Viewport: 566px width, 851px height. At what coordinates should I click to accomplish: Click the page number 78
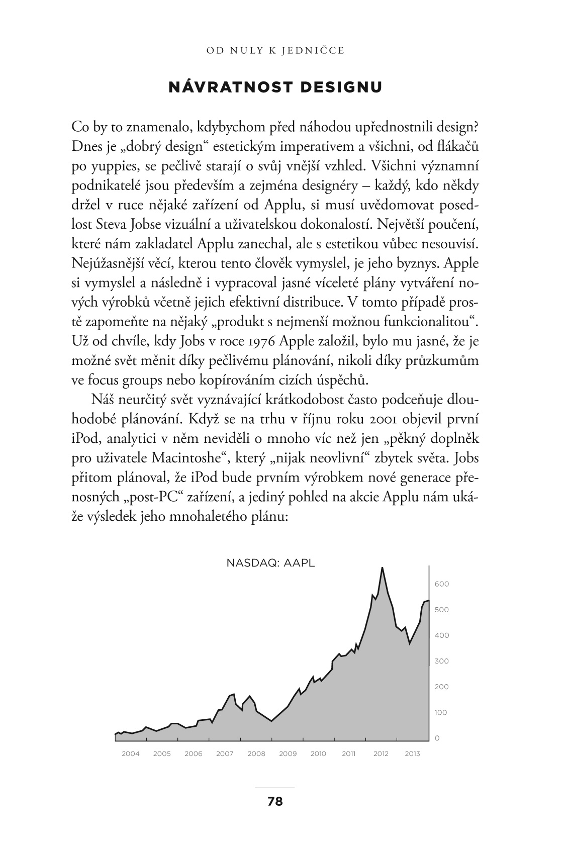click(x=275, y=801)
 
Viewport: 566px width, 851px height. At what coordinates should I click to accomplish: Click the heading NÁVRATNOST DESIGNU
click(x=275, y=87)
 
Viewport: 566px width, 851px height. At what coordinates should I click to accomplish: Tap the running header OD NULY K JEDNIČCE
click(x=275, y=50)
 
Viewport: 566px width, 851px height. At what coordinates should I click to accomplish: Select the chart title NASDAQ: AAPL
click(x=270, y=563)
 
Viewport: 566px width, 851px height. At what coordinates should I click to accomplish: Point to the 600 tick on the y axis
click(x=442, y=584)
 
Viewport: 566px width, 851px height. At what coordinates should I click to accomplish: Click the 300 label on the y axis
click(x=442, y=661)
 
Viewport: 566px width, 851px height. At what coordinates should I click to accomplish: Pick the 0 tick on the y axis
click(x=437, y=738)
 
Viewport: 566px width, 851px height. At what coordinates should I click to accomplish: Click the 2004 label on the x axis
click(x=131, y=753)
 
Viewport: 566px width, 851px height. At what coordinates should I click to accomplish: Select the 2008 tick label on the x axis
click(x=256, y=753)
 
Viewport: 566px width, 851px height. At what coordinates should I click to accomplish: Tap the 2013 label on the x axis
click(x=413, y=753)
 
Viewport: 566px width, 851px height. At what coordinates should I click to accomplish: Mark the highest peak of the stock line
click(x=383, y=568)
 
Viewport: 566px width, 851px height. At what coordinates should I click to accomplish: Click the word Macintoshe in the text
click(x=188, y=458)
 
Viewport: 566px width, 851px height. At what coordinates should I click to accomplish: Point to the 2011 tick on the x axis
click(x=349, y=753)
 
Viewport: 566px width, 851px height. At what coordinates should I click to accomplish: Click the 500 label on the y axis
click(x=442, y=610)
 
